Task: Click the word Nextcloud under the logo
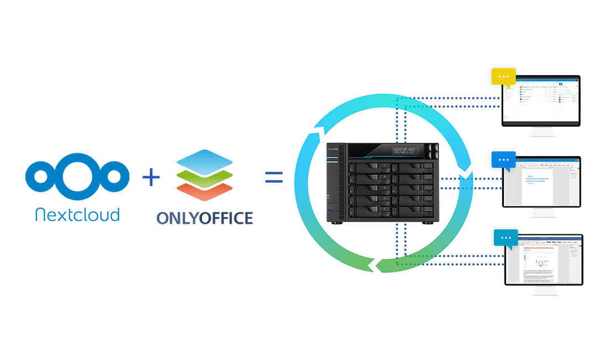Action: (77, 215)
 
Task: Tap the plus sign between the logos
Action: (151, 178)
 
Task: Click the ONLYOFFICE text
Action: (204, 217)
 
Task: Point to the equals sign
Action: (273, 177)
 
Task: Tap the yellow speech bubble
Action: (503, 77)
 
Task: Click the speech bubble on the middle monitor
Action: (503, 160)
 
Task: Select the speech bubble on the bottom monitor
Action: (504, 238)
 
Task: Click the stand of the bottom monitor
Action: (543, 291)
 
